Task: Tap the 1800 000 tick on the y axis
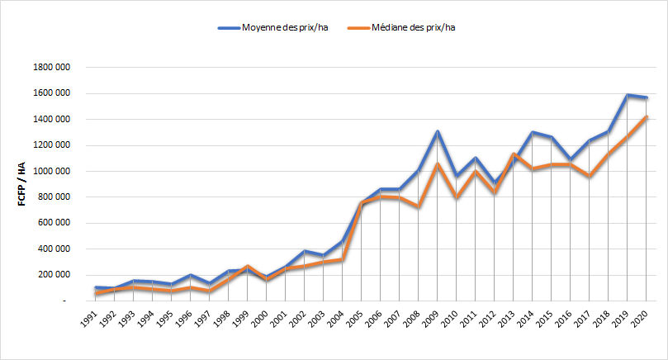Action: (x=50, y=67)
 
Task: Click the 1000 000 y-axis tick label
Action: (x=50, y=171)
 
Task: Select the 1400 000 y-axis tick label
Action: (x=50, y=119)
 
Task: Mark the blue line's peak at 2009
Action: (x=437, y=131)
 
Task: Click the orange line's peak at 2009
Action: (x=437, y=164)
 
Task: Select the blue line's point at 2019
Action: (x=628, y=95)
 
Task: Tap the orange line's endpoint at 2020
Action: (x=647, y=116)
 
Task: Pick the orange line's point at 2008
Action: (x=418, y=206)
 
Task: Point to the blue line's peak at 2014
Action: (x=532, y=132)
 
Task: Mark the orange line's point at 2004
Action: (x=341, y=260)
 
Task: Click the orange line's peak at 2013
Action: (x=513, y=154)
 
